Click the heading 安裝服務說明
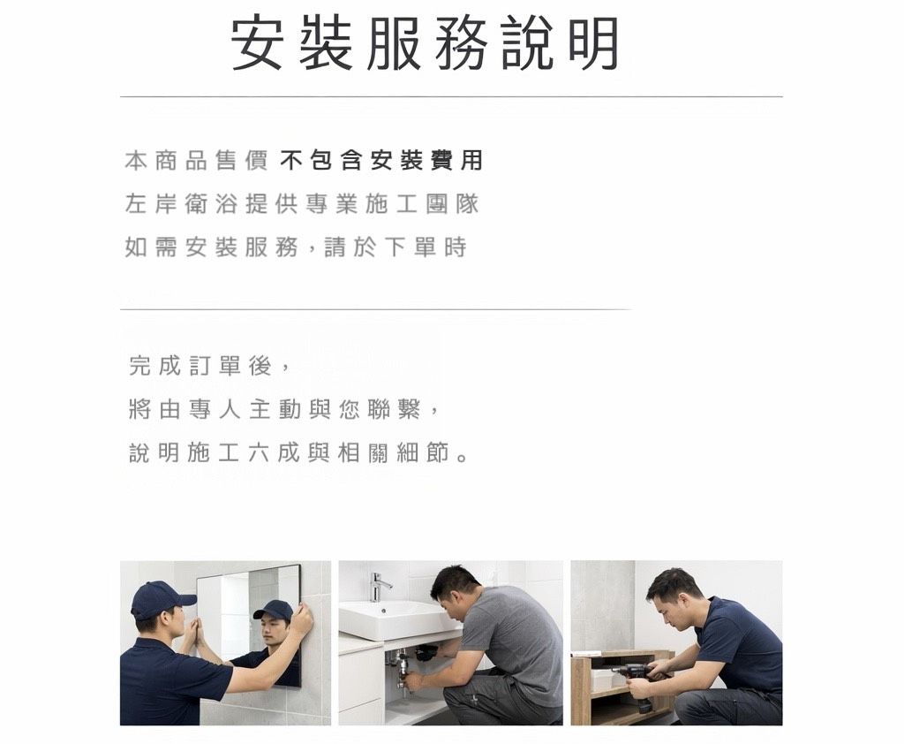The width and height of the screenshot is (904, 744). (x=425, y=44)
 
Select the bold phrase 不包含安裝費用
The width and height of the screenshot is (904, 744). (x=381, y=161)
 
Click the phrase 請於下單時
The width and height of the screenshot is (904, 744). (x=395, y=247)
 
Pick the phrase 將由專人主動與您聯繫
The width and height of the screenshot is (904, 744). (x=275, y=410)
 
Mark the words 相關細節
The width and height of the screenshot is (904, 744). (x=393, y=453)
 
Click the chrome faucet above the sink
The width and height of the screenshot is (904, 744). (x=378, y=587)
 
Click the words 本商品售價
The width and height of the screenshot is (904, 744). (x=196, y=161)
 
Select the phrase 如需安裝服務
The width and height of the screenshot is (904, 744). (x=211, y=247)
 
